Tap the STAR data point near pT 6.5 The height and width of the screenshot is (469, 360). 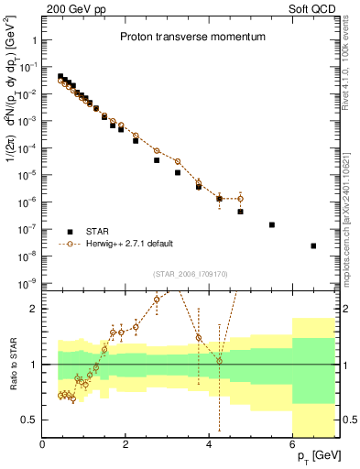click(313, 245)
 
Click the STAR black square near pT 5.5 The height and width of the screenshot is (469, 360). click(271, 224)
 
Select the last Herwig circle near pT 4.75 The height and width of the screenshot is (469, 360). click(240, 198)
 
